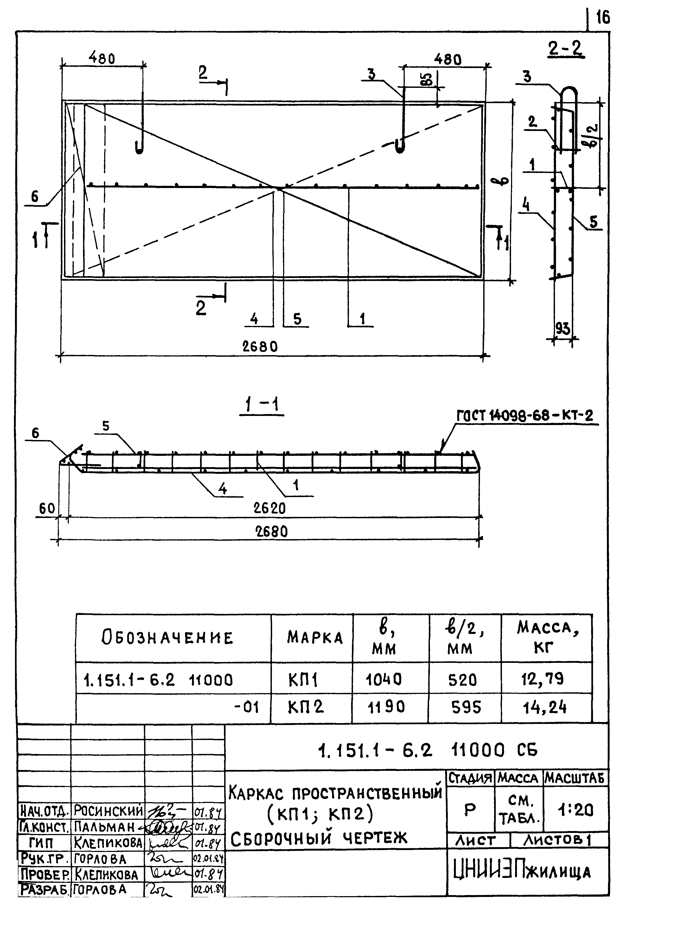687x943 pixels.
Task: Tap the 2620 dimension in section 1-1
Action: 269,508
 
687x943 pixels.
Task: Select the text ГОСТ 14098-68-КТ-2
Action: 524,415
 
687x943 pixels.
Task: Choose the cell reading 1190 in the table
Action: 385,707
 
